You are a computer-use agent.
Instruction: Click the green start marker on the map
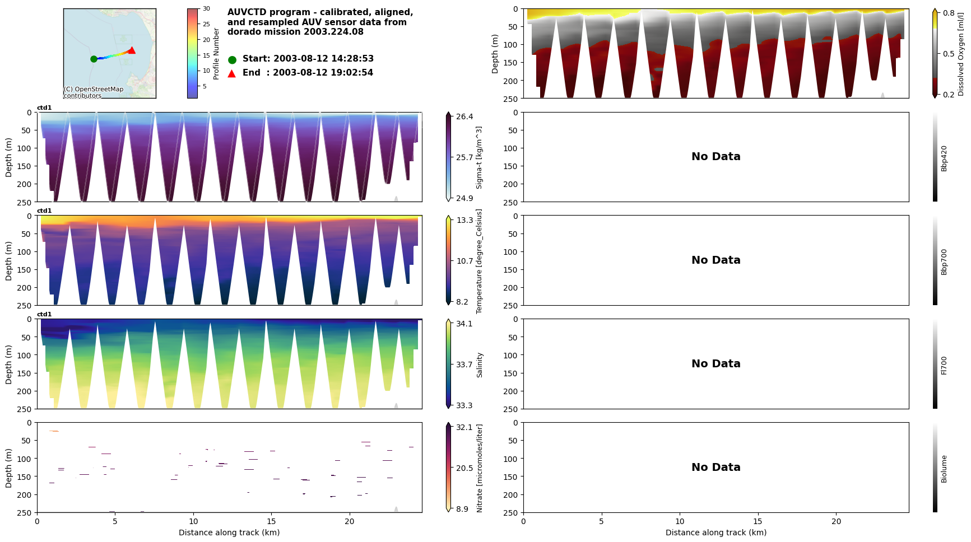tap(94, 59)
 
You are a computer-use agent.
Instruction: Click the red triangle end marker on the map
tap(132, 50)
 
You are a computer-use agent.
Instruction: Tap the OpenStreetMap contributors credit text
tap(93, 92)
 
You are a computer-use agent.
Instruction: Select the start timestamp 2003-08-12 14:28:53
tap(323, 59)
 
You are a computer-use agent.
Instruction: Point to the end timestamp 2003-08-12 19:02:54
tap(323, 73)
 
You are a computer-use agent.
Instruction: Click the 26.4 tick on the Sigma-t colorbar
tap(464, 116)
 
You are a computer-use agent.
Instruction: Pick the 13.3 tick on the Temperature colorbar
tap(464, 220)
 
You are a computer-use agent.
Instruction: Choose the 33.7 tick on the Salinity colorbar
tap(464, 365)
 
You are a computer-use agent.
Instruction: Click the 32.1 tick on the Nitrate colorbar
tap(464, 427)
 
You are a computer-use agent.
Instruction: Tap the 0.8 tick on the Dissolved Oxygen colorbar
tap(949, 13)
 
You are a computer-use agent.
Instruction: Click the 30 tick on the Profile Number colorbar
tap(206, 9)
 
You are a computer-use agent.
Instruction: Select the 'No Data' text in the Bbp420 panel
tap(716, 157)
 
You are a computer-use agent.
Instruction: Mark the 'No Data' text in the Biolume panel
tap(716, 468)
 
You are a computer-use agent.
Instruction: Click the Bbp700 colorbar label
tap(944, 262)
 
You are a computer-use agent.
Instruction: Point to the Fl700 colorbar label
tap(944, 365)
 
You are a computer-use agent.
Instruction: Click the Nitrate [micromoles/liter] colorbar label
tap(480, 468)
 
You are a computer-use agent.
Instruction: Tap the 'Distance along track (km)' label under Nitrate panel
tap(229, 532)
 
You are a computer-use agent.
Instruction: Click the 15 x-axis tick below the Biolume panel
tap(758, 521)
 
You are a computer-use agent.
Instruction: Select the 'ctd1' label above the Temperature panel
tap(44, 211)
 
